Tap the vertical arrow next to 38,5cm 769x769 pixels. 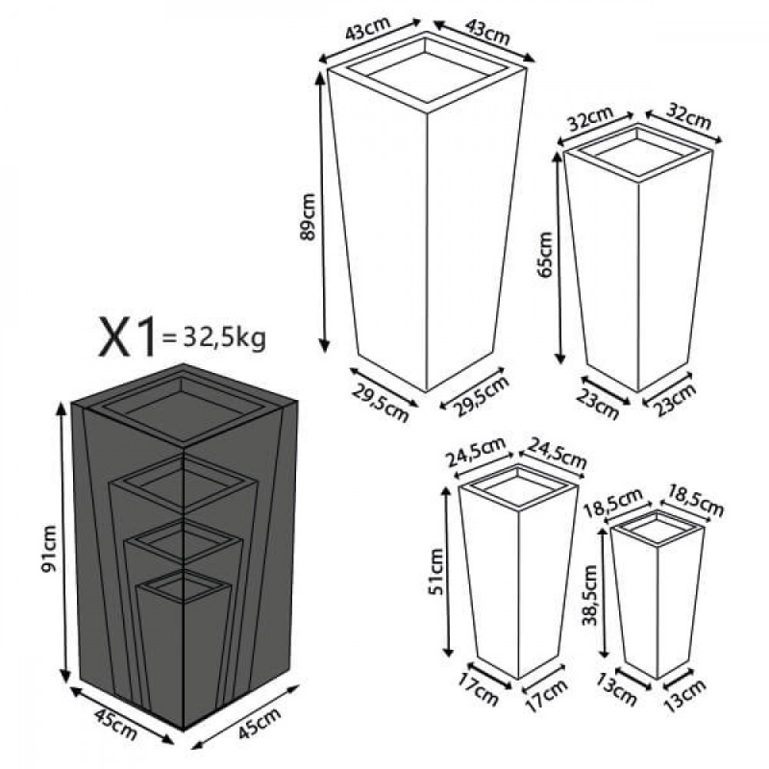pos(604,594)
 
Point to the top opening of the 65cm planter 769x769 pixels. pos(639,151)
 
